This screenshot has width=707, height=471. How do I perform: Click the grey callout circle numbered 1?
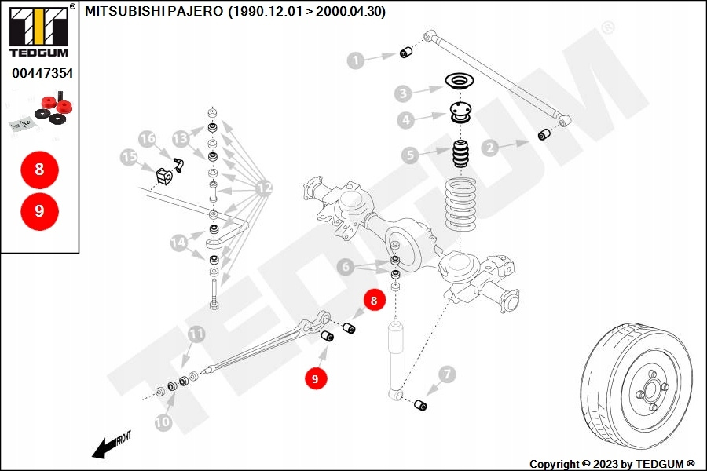coord(357,60)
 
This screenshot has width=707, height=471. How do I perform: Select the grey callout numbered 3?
coord(403,94)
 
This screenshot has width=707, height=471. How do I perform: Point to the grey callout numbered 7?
coord(446,374)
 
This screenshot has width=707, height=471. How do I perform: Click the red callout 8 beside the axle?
coord(374,300)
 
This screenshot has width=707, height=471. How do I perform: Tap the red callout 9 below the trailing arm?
coord(315,378)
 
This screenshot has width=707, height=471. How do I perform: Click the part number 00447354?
coord(42,73)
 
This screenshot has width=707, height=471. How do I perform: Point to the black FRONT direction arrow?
coord(104,447)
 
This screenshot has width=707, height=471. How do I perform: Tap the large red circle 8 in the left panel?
coord(39,169)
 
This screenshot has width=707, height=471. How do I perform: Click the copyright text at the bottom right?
coord(612,463)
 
